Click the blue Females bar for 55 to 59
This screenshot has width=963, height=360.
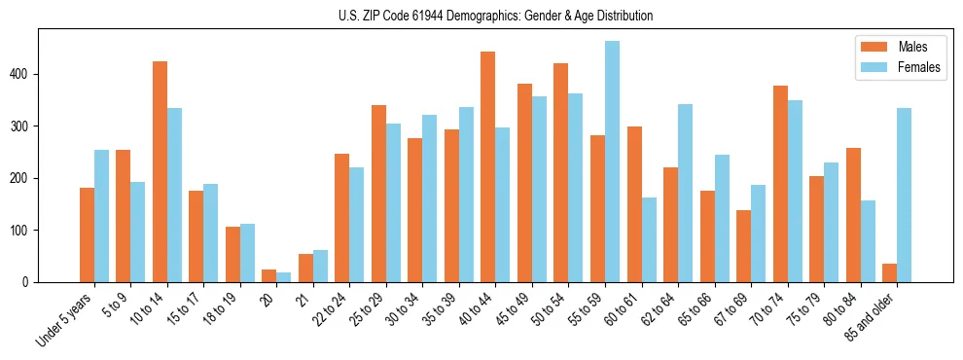pyautogui.click(x=612, y=162)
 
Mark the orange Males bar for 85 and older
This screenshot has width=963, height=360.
pyautogui.click(x=889, y=273)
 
